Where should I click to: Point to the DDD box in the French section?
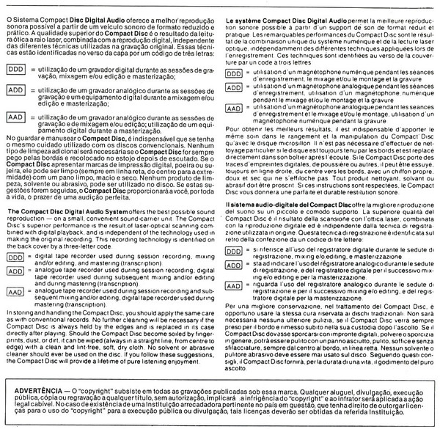(234, 74)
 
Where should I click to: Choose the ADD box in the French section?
(234, 88)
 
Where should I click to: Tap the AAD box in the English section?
(15, 291)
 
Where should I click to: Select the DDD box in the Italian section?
(234, 250)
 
